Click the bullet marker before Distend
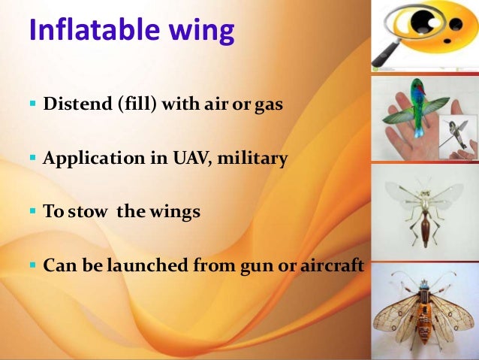click(x=32, y=105)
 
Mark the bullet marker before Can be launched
click(x=32, y=266)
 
